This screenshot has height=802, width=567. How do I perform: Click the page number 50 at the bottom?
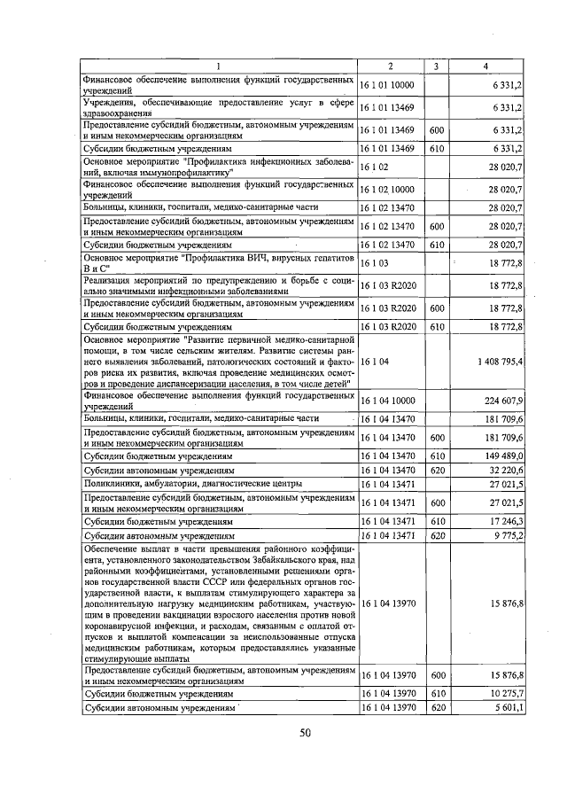305,732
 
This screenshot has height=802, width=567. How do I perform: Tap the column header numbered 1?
218,67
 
